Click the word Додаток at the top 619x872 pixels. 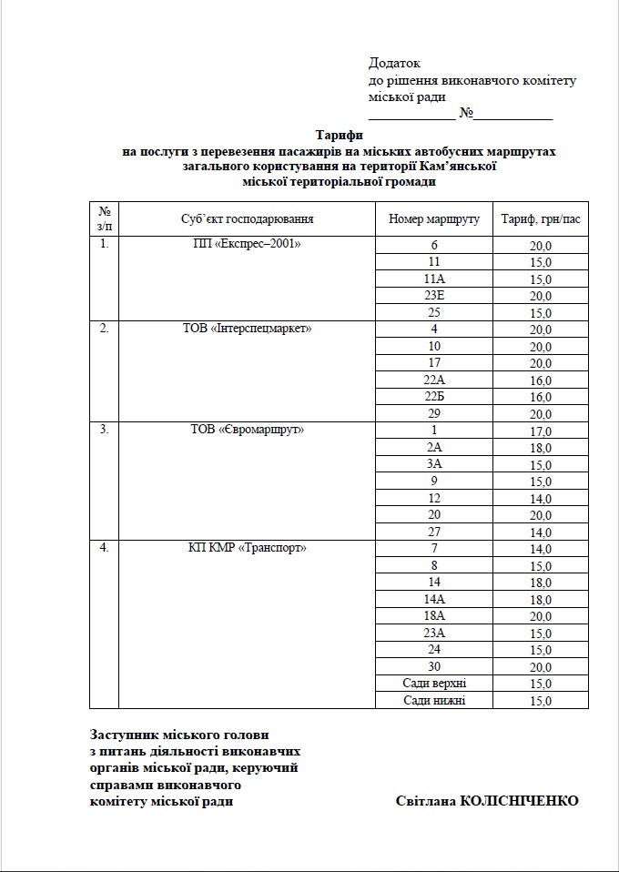coord(394,64)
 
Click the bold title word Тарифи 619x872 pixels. coord(339,135)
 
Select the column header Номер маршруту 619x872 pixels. coord(433,219)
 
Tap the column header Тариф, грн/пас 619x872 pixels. coord(540,219)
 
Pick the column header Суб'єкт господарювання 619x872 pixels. coord(247,219)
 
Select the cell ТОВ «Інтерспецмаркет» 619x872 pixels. coord(247,329)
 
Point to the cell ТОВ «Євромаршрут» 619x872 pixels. coord(247,430)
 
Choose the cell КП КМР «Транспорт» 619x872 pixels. coord(247,548)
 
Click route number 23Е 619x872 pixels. coord(434,296)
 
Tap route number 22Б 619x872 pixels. coord(434,397)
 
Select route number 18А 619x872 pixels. coord(434,616)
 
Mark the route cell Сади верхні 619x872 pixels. coord(434,684)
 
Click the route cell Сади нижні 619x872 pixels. coord(434,700)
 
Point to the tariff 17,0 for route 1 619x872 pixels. coord(541,431)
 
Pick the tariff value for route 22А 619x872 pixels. coord(541,380)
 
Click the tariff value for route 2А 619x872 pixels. coord(541,448)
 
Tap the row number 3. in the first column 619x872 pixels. coord(105,430)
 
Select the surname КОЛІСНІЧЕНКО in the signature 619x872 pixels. coord(520,801)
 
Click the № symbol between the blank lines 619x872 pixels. coord(465,114)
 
